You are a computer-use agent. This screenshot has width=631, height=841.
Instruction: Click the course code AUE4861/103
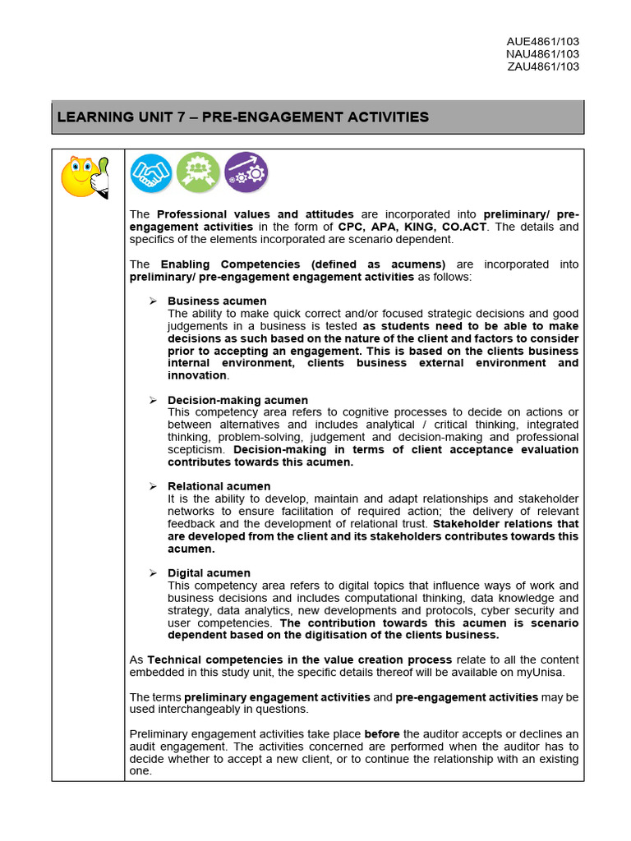point(543,42)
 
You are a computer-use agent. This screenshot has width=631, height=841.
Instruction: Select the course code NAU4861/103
point(543,54)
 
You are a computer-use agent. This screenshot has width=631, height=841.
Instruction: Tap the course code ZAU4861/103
point(543,67)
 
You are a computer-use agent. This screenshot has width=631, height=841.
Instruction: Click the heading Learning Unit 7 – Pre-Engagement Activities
point(243,117)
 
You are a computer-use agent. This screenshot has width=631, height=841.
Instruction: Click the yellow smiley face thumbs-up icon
point(85,177)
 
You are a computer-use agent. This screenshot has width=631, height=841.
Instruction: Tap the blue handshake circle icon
point(151,173)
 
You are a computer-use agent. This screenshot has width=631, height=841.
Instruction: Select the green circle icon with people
point(198,173)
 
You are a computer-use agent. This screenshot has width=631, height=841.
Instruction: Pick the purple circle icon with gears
point(246,173)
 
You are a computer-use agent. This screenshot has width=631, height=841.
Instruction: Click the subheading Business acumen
point(217,301)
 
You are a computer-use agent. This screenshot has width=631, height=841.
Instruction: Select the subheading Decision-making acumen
point(237,400)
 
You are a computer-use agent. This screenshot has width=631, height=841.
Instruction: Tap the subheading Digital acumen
point(209,572)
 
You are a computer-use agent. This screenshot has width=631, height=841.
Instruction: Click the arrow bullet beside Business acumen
point(153,301)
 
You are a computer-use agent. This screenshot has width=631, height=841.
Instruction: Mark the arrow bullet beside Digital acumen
point(153,572)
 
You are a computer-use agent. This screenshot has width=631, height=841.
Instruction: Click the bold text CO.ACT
point(463,227)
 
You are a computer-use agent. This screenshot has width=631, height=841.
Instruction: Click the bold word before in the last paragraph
point(382,733)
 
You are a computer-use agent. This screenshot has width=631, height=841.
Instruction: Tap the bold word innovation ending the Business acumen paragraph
point(197,375)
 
